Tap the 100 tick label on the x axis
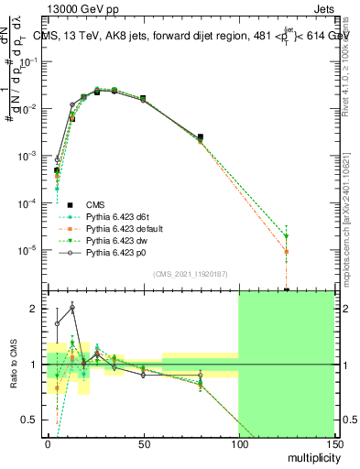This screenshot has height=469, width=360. (x=238, y=443)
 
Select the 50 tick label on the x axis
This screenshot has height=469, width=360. (x=143, y=443)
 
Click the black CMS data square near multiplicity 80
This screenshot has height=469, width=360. (x=201, y=136)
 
